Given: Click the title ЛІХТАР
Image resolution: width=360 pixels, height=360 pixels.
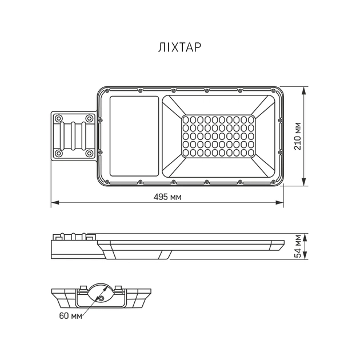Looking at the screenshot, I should pyautogui.click(x=179, y=48).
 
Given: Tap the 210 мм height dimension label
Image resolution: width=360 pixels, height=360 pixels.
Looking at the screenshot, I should pyautogui.click(x=314, y=137).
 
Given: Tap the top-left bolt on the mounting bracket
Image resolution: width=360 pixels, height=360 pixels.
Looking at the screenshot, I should pyautogui.click(x=59, y=118).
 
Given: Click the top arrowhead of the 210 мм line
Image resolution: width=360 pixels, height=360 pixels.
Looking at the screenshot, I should pyautogui.click(x=305, y=89).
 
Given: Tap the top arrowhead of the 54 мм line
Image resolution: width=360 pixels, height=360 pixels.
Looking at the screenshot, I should pyautogui.click(x=305, y=235).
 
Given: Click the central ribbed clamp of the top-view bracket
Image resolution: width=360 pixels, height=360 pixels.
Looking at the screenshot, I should pyautogui.click(x=75, y=136).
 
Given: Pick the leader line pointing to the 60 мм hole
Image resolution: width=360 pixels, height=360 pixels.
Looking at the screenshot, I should pyautogui.click(x=91, y=306).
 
